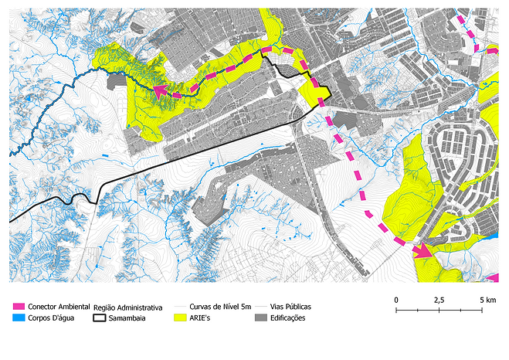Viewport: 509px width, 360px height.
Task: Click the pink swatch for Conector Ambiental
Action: (19, 307)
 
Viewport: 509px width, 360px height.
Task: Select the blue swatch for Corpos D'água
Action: (19, 318)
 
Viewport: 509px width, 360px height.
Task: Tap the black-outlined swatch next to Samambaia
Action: (99, 318)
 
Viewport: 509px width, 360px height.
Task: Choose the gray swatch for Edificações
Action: (261, 318)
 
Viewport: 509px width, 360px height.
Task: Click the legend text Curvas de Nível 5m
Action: (219, 307)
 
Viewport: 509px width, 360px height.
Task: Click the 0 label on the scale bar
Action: (396, 299)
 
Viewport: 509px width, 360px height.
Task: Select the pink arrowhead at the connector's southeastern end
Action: (421, 250)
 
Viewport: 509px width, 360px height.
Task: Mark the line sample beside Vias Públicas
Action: (261, 307)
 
